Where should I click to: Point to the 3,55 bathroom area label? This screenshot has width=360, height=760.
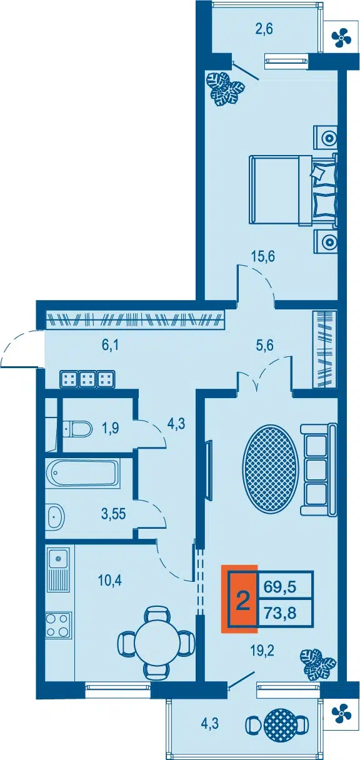(113, 514)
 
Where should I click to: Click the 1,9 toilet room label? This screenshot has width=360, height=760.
(110, 429)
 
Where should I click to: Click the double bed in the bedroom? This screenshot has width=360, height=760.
(294, 189)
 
